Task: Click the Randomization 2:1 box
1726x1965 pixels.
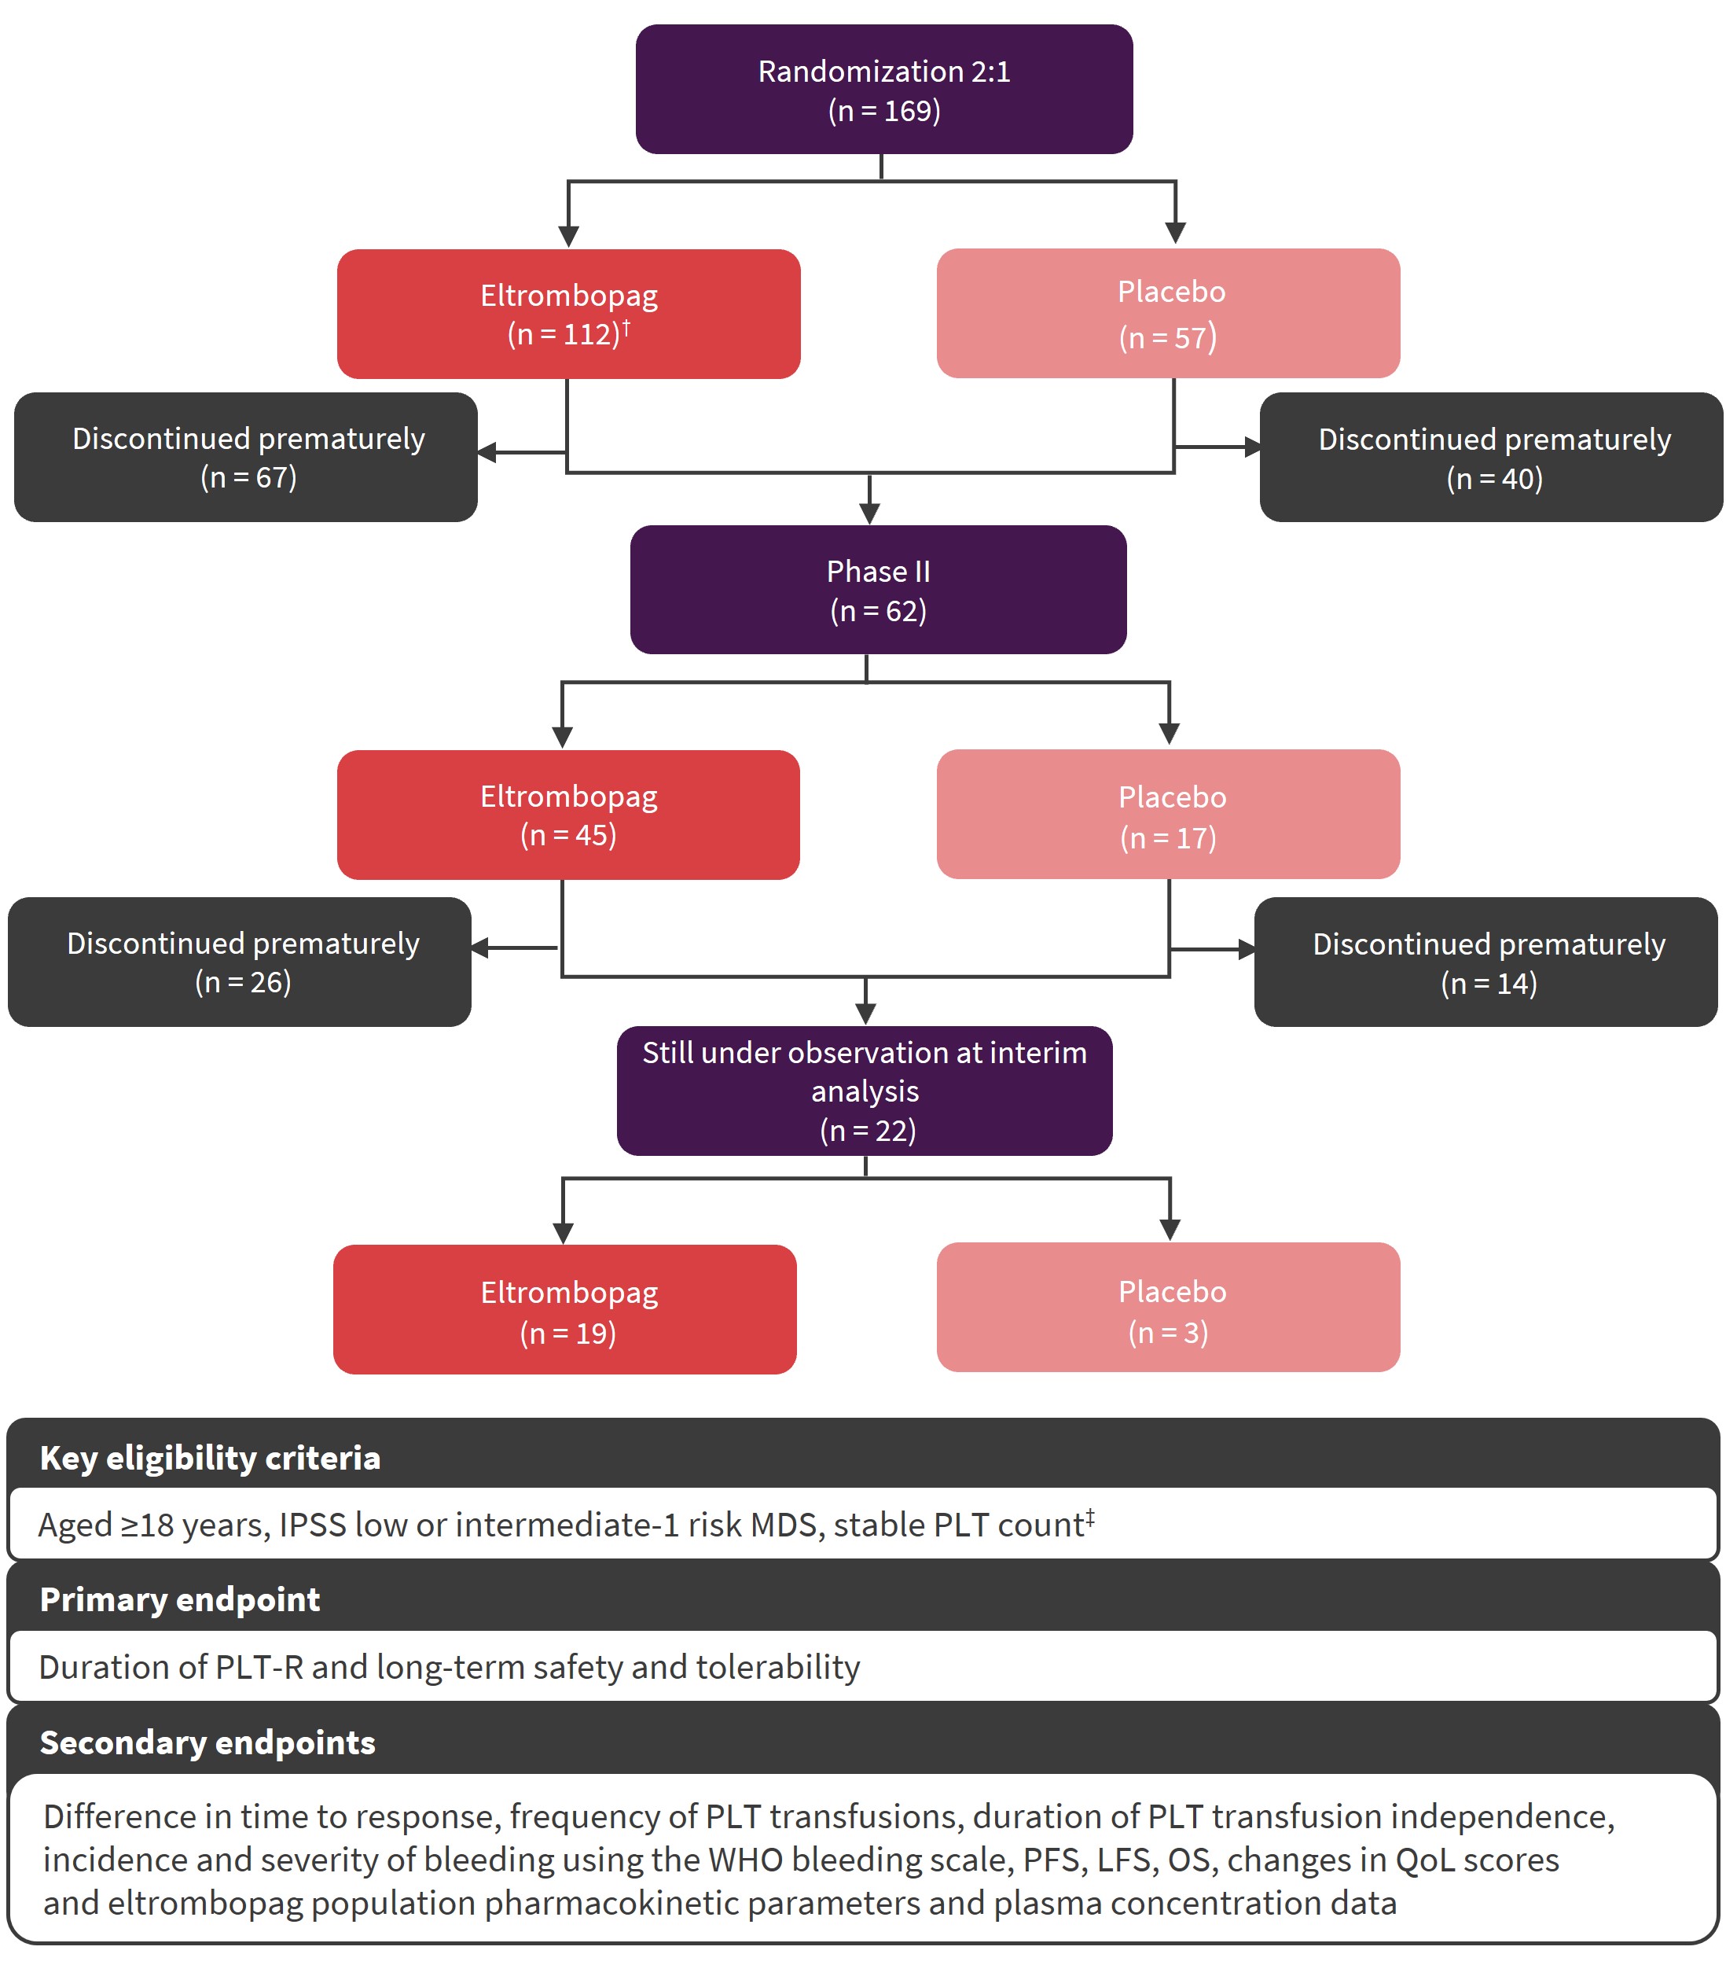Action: point(883,90)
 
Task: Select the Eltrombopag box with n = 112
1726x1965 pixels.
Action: point(568,314)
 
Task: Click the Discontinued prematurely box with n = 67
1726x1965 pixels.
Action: point(246,457)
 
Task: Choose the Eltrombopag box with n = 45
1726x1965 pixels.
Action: point(568,815)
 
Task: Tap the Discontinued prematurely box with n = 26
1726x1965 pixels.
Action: point(239,962)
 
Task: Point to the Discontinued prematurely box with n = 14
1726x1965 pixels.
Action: point(1485,962)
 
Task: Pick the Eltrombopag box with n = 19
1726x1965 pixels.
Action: point(565,1308)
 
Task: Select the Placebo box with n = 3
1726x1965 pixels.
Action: point(1168,1307)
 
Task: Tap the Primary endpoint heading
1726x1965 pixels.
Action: point(180,1599)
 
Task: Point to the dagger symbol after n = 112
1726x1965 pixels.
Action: point(626,328)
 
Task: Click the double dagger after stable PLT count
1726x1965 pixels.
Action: point(1090,1518)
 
